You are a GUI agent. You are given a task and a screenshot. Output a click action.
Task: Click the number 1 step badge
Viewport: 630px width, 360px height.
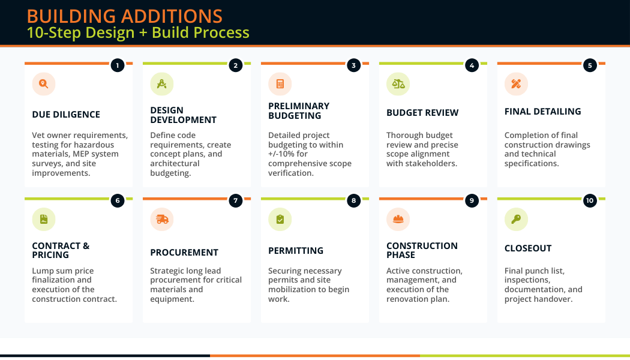[118, 65]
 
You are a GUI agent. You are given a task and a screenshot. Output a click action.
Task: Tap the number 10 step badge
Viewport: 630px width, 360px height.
[590, 200]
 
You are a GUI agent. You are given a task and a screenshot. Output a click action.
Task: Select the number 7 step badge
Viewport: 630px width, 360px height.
[236, 200]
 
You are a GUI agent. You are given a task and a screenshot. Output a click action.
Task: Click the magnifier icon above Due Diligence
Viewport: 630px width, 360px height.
[44, 84]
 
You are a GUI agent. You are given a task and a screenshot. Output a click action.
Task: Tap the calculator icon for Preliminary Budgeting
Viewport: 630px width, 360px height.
[280, 84]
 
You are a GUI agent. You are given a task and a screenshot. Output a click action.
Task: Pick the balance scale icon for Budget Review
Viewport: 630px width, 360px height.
[398, 84]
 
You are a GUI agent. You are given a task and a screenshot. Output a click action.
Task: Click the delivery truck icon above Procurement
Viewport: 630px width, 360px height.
[162, 219]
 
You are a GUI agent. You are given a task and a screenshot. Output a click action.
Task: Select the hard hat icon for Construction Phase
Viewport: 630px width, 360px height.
[398, 219]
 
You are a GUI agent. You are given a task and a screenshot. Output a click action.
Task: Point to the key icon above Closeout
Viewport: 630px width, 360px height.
[516, 219]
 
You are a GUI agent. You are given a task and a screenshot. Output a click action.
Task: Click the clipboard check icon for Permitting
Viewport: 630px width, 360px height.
[280, 219]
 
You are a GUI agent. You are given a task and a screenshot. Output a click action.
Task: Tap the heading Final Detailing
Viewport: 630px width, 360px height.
[542, 112]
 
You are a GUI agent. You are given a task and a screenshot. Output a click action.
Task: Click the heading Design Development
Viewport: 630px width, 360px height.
[183, 115]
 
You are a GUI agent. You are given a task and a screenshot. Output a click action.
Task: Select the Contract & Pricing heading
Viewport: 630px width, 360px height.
[61, 250]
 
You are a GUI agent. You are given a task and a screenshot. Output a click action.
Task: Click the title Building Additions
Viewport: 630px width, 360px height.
[124, 16]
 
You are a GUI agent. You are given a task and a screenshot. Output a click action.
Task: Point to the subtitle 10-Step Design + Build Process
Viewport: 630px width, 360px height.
[137, 32]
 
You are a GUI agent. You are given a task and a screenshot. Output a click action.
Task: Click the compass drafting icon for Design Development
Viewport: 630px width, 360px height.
[161, 84]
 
